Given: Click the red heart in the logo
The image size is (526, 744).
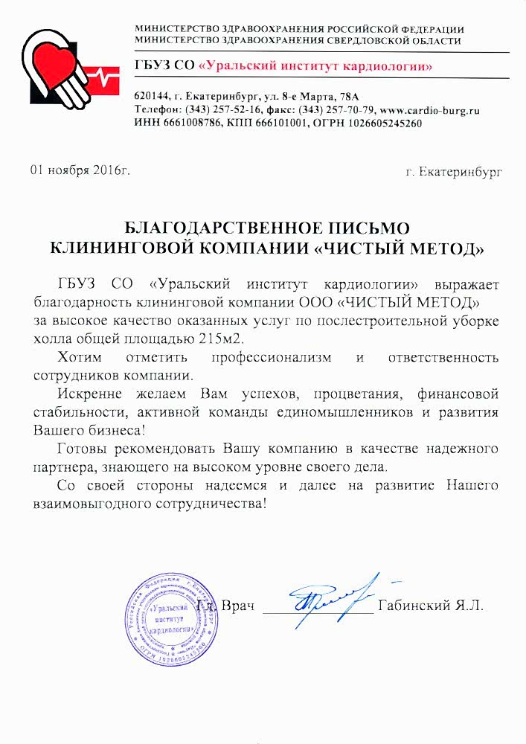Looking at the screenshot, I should click(54, 61).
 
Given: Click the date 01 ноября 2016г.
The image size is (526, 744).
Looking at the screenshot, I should click(80, 170).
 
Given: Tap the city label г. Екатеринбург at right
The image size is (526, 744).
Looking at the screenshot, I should click(454, 172).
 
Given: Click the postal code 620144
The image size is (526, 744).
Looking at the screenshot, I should click(151, 97).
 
